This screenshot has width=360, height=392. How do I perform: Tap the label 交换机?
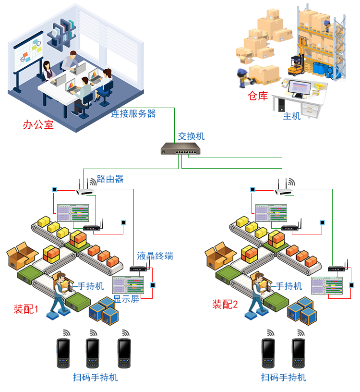point(191,136)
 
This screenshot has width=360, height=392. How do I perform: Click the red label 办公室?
point(38,125)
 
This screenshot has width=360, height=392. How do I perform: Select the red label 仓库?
point(257,96)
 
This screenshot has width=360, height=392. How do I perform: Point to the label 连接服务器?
point(133,114)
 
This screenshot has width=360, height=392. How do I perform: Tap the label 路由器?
point(110,179)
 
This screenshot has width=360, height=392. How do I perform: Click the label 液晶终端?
point(155,256)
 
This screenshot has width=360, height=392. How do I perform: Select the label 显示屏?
point(126,298)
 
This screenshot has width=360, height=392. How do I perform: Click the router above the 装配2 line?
point(284,189)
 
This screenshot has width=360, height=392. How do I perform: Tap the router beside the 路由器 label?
point(85,189)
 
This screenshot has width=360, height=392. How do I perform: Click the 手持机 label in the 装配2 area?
point(289,286)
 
